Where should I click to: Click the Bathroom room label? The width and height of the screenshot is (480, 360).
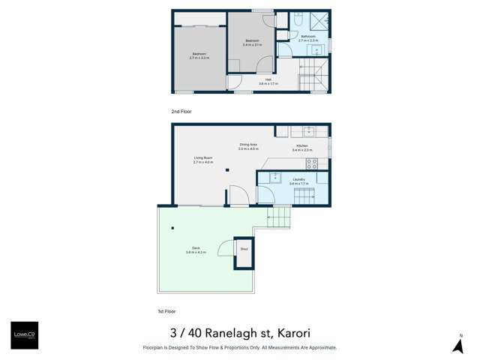click(308, 35)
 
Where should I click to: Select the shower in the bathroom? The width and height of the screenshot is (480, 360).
click(319, 20)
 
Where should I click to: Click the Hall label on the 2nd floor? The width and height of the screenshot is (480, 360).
click(268, 79)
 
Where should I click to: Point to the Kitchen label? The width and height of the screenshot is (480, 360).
click(301, 145)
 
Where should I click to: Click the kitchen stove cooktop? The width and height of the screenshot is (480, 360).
click(312, 162)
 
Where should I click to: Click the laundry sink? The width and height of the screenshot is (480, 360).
click(274, 177)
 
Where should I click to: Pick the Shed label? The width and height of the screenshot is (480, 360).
click(243, 249)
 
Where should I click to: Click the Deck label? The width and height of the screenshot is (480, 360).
click(195, 249)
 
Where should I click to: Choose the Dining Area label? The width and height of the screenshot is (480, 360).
click(249, 145)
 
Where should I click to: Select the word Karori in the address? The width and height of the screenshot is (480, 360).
click(292, 333)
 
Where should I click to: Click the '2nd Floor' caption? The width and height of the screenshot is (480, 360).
click(181, 111)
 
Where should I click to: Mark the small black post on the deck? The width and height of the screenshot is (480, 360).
click(172, 228)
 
